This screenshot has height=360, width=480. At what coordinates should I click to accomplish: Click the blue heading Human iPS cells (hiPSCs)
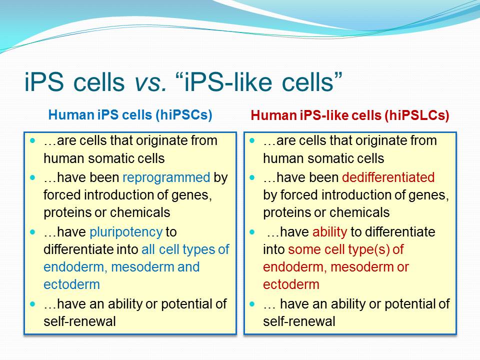130,115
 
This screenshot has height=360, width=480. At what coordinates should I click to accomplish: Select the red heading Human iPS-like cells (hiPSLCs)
350,115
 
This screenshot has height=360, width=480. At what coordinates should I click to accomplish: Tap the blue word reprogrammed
166,178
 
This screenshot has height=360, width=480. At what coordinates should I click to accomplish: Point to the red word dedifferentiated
388,177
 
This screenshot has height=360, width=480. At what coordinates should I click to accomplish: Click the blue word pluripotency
126,232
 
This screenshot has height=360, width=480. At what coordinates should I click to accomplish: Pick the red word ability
329,232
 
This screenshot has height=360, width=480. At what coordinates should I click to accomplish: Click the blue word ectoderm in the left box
71,284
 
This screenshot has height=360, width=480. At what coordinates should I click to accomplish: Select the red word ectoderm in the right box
291,284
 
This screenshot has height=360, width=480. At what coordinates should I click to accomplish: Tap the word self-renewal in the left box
79,321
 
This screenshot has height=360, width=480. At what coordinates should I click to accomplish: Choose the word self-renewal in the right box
299,321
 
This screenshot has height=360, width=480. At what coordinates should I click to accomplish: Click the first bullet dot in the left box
33,141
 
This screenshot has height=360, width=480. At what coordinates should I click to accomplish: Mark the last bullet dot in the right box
252,304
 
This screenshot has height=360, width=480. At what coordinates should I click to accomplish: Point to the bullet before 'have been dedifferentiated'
252,177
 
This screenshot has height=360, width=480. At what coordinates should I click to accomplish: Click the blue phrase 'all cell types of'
185,249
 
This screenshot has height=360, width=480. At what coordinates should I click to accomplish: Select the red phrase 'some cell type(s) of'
346,249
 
